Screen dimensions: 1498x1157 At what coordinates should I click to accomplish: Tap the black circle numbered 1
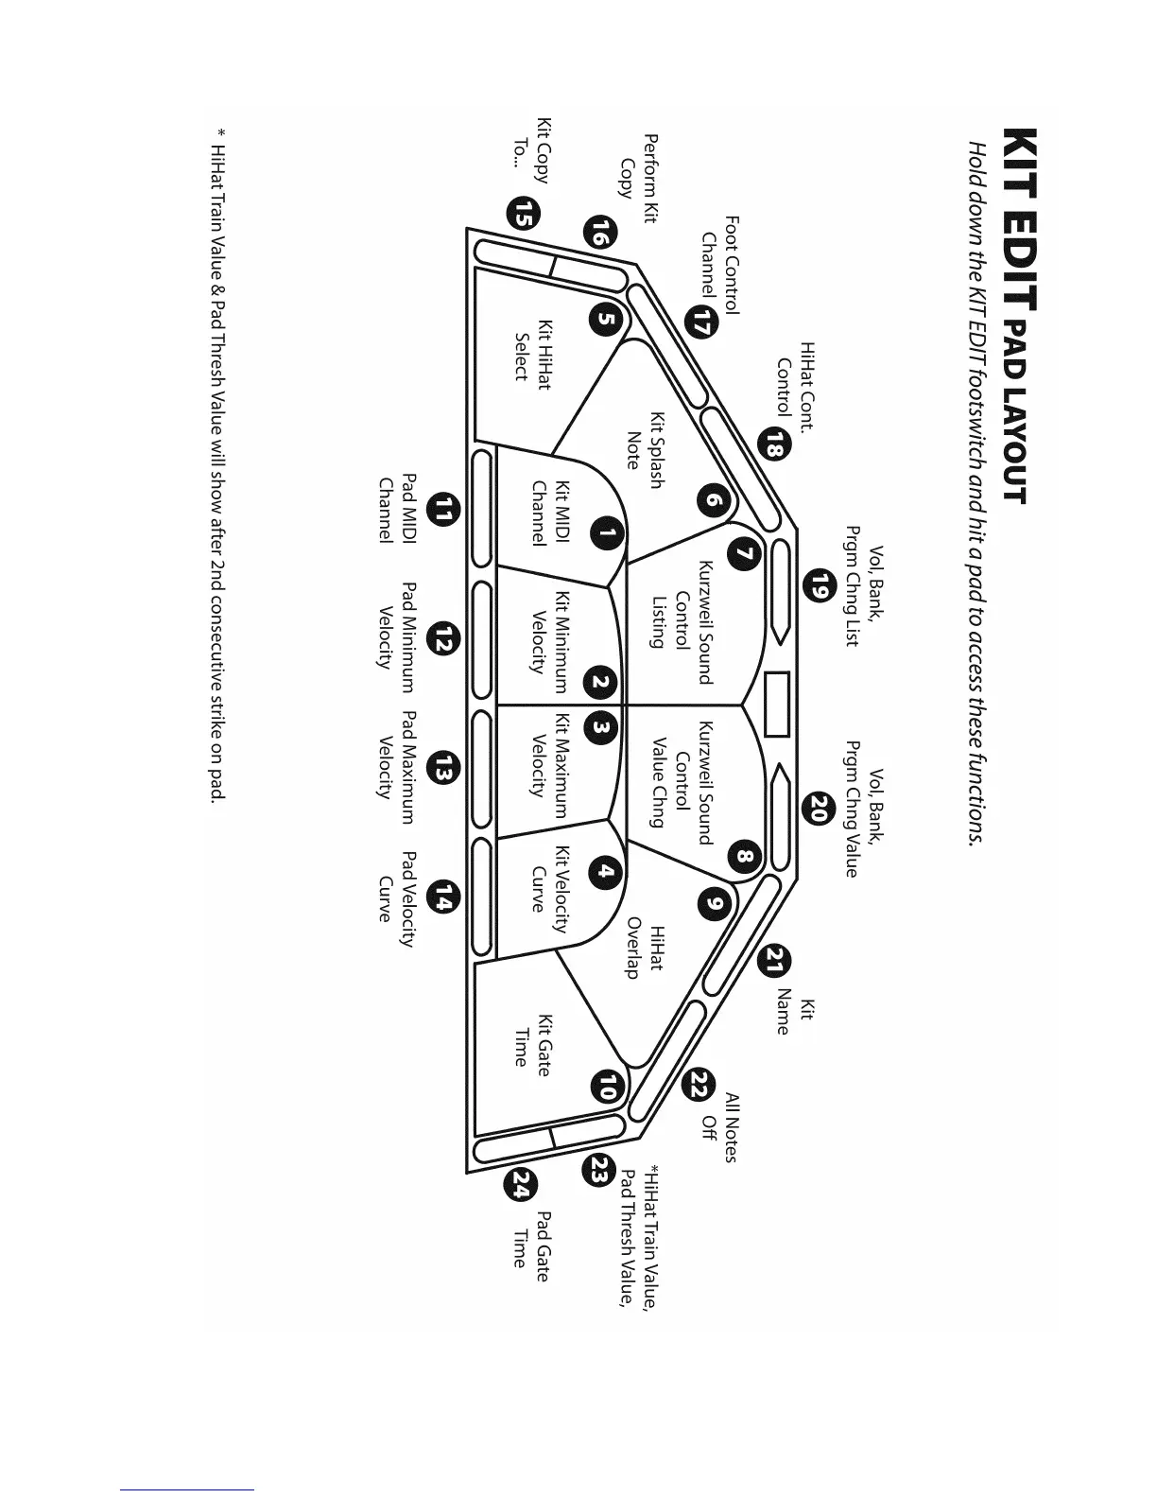point(606,533)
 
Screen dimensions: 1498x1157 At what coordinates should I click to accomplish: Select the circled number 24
point(521,1185)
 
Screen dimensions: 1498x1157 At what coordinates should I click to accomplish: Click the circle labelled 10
point(606,1088)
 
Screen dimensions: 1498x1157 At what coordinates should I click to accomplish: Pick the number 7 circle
point(745,554)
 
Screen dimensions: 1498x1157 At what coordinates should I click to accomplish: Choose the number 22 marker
point(699,1085)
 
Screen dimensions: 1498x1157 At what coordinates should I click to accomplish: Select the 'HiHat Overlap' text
point(646,951)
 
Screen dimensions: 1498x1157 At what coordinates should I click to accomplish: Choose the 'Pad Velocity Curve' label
point(397,899)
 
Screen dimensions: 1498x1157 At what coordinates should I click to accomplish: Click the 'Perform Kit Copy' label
point(638,166)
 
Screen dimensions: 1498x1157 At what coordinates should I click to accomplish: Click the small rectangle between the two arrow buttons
point(777,704)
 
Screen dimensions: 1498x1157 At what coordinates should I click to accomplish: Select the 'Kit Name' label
point(794,1017)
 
